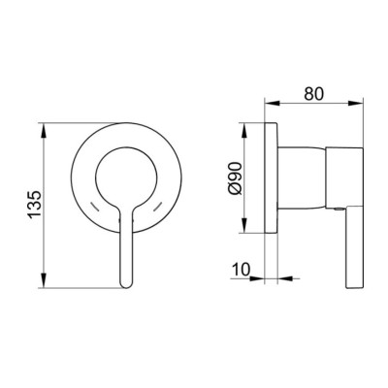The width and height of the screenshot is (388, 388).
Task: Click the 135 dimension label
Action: tap(35, 205)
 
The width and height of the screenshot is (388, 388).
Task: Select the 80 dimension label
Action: tap(313, 94)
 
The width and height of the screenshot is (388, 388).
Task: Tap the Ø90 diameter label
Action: tap(235, 178)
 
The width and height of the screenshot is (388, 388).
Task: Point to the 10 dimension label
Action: tap(241, 269)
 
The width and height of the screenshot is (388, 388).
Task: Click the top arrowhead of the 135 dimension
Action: tap(44, 130)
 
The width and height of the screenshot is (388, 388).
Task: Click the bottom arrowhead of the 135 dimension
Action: tap(44, 280)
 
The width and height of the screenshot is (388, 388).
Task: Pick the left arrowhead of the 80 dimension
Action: tap(272, 103)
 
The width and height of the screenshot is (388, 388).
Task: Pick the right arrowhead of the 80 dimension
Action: tap(356, 103)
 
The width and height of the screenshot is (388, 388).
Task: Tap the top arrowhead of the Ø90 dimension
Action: tap(244, 130)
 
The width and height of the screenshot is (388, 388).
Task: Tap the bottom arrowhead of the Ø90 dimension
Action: tap(244, 225)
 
